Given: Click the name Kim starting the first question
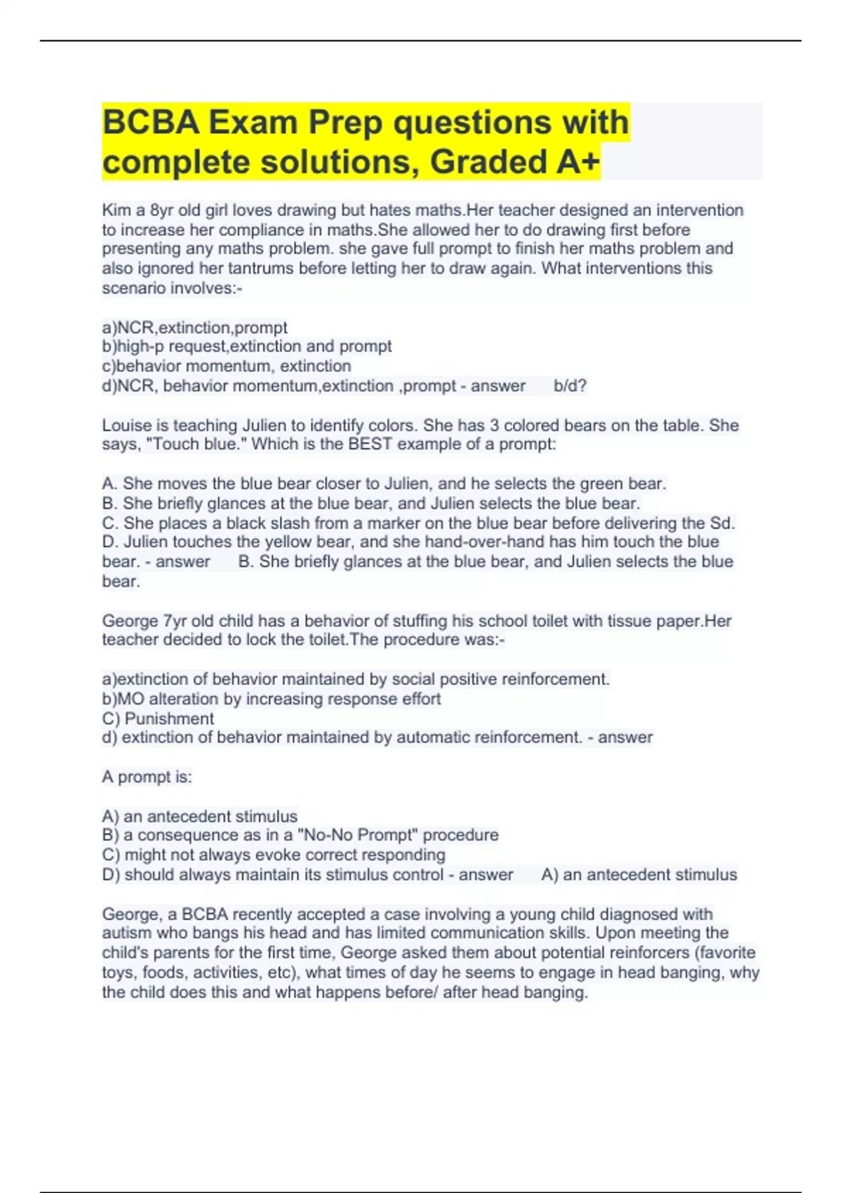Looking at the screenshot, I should (116, 211).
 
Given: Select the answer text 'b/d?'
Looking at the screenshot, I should (570, 386).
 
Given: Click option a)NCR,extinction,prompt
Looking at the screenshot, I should (194, 328).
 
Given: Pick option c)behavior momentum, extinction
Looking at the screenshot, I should (226, 366).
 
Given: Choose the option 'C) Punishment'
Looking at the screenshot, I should (158, 719).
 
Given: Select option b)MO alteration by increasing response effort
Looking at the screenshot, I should (271, 699).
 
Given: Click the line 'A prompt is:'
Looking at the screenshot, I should (147, 777).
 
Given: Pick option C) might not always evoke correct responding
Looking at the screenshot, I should (274, 855).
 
